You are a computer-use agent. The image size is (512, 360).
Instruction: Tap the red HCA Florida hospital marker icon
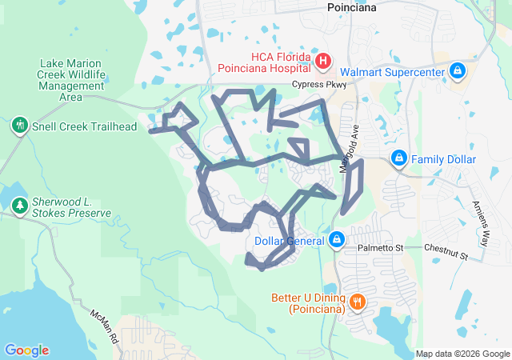click(x=323, y=61)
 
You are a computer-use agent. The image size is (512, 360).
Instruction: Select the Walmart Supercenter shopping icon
click(x=458, y=71)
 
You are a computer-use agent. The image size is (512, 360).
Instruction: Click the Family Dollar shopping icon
click(x=399, y=159)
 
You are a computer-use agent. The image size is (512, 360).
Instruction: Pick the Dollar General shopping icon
click(x=337, y=239)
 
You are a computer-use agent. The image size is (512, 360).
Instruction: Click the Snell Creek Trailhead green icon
click(x=19, y=126)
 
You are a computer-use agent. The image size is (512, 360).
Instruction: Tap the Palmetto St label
click(x=380, y=248)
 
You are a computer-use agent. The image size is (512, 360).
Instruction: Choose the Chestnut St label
click(x=446, y=253)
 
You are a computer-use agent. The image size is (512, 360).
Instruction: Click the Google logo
click(x=26, y=350)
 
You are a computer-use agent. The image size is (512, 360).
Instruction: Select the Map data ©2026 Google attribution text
click(x=462, y=354)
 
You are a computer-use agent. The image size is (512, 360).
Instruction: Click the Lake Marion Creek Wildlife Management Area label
click(x=71, y=80)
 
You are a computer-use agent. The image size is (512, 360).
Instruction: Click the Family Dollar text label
click(x=443, y=159)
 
